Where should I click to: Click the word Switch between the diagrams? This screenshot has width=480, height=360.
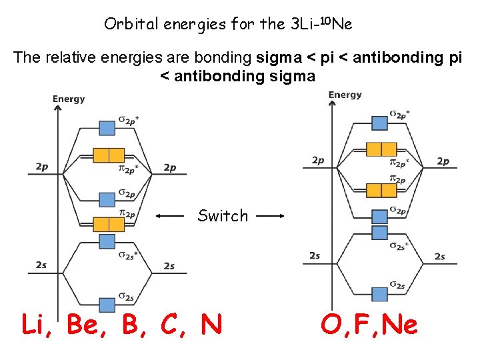click(x=223, y=216)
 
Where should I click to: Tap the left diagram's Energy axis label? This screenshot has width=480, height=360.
click(x=69, y=99)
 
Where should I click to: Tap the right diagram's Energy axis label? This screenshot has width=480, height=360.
click(x=345, y=95)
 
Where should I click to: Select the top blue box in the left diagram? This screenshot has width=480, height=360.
click(x=107, y=127)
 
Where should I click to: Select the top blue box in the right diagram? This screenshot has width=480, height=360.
click(x=379, y=122)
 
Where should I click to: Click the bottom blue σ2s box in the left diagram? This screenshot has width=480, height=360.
click(x=107, y=304)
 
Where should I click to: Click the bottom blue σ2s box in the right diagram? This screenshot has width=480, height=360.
click(x=379, y=293)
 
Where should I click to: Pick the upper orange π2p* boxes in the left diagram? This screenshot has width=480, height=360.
click(x=108, y=155)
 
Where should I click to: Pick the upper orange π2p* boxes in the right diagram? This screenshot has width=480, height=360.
click(x=381, y=149)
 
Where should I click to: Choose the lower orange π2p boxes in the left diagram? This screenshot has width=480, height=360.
click(x=108, y=224)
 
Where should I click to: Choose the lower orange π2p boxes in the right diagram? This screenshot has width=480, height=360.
click(x=381, y=191)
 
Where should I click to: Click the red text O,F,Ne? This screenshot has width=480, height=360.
click(x=369, y=325)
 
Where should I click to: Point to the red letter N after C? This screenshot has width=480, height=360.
click(x=211, y=325)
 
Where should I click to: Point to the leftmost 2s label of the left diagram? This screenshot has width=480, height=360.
click(x=41, y=265)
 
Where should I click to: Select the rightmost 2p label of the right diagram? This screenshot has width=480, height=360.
click(x=443, y=161)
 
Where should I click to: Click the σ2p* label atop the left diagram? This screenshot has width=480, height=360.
click(x=129, y=121)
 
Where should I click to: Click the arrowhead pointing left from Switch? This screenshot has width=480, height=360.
click(x=159, y=216)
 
